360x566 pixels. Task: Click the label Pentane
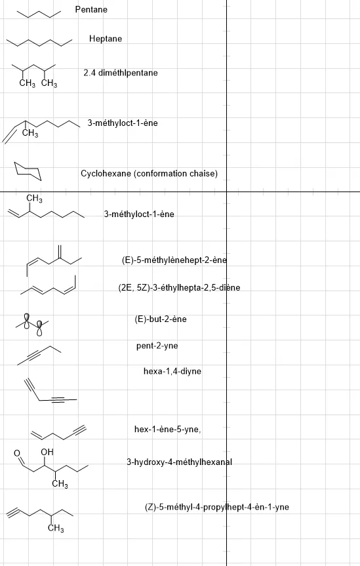click(91, 9)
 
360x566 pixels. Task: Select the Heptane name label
click(106, 39)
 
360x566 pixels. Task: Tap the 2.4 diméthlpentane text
click(121, 73)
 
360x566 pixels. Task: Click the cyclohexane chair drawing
click(28, 171)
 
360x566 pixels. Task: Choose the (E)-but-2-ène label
click(161, 319)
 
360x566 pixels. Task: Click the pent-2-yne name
click(157, 346)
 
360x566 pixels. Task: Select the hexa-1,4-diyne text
click(172, 371)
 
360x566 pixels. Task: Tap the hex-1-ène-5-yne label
click(168, 429)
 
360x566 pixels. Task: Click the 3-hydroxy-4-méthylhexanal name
click(180, 462)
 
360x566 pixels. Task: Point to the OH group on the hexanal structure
click(47, 452)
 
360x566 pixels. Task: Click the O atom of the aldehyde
click(17, 453)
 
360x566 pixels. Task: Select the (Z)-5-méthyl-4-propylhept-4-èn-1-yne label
click(217, 507)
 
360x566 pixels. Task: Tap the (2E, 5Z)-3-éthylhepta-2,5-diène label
click(179, 288)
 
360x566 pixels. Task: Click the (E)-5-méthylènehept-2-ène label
click(174, 260)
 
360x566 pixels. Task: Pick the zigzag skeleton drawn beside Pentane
click(39, 14)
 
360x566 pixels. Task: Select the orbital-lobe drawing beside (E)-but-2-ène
click(32, 324)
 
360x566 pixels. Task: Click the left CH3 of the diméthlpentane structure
click(28, 83)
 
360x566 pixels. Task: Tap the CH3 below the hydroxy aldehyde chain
click(60, 484)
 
